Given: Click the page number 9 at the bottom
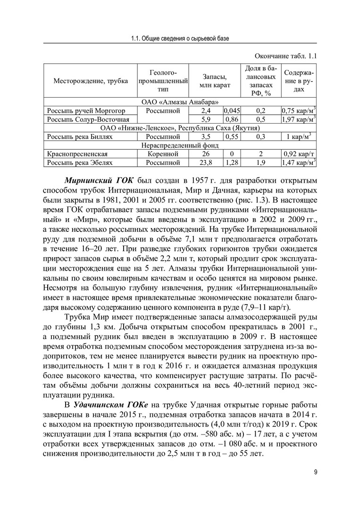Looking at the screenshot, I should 316,474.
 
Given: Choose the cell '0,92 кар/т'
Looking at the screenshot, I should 298,154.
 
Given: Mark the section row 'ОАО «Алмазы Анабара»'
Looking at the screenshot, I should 180,102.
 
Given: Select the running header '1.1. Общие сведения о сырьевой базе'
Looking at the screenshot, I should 180,38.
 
